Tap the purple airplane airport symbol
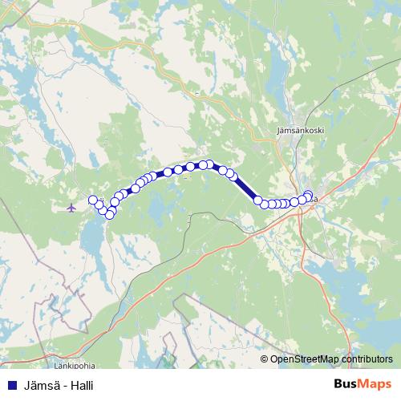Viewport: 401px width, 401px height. [72, 209]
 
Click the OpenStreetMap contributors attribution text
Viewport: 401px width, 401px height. [330, 359]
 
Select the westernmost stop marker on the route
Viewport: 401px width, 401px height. [93, 200]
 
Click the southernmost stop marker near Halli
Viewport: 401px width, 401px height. [110, 214]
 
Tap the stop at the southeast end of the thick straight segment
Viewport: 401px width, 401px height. [259, 200]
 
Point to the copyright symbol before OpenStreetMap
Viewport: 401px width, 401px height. [265, 359]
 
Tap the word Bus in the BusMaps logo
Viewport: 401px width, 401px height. [346, 384]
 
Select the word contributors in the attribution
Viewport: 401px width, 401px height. [365, 359]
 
